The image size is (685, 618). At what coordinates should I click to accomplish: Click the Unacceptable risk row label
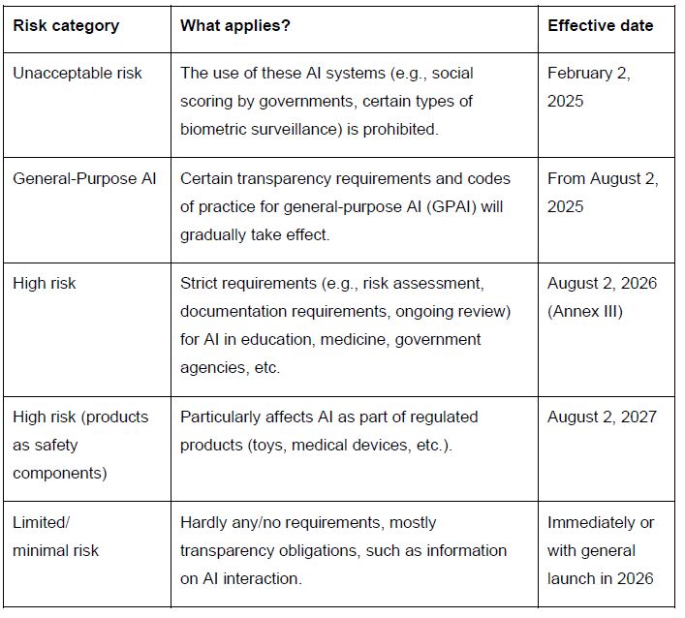(78, 74)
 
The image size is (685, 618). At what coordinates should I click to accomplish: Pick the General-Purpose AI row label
(84, 178)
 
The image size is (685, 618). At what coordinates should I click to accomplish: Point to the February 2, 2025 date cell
(588, 87)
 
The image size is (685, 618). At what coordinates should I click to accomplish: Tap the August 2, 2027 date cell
(602, 417)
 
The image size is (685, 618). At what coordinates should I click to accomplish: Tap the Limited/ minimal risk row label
(56, 537)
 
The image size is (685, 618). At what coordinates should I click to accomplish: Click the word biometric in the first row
(214, 129)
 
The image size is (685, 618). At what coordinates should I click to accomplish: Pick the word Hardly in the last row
(203, 522)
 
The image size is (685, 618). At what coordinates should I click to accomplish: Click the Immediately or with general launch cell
(601, 550)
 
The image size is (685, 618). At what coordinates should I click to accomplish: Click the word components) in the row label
(60, 473)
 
